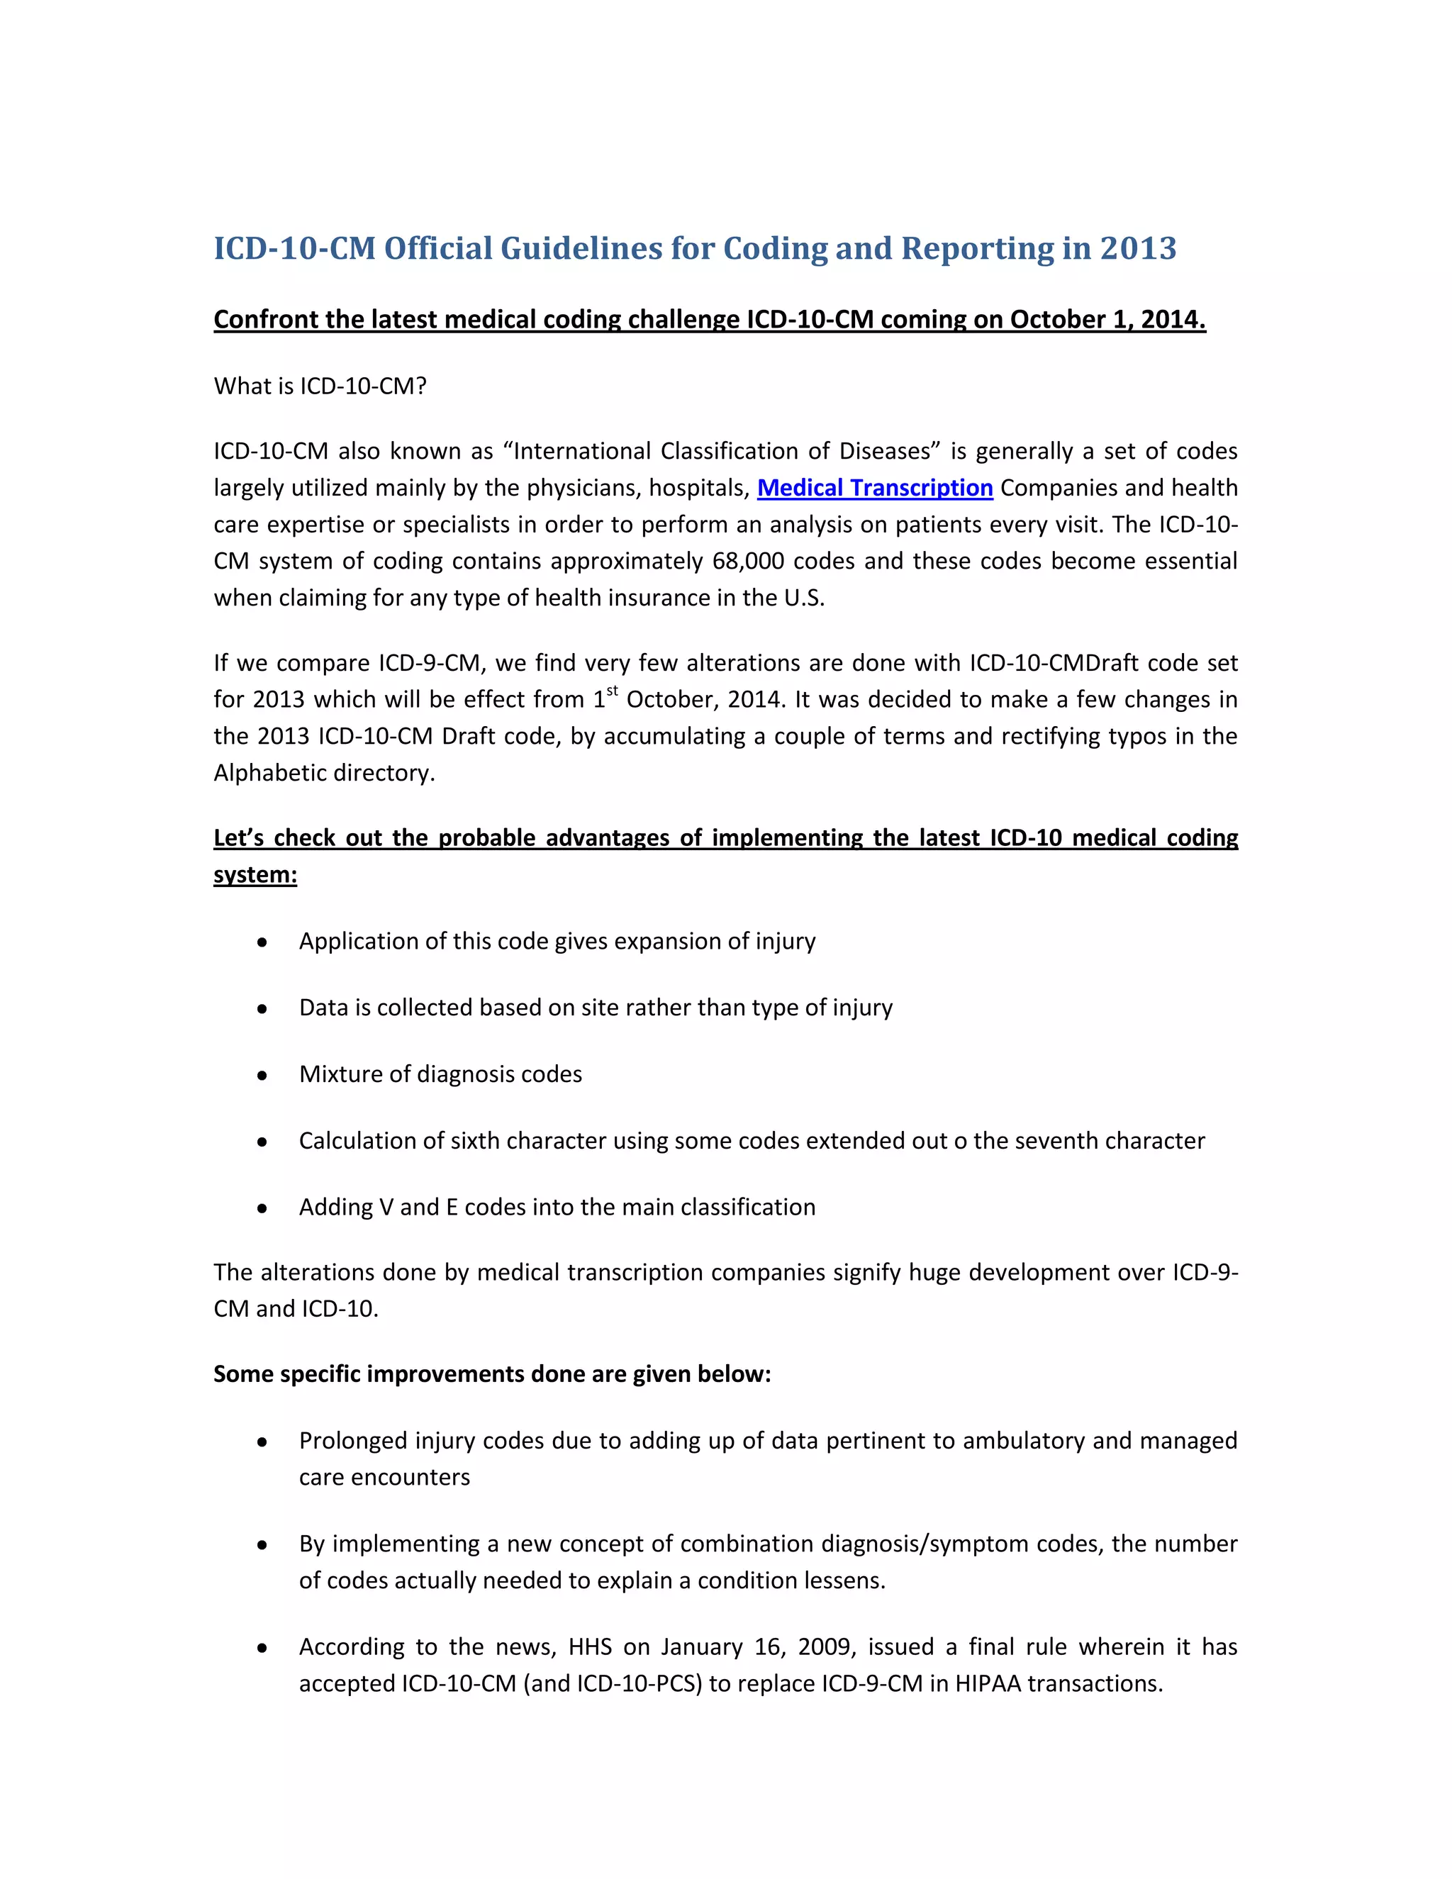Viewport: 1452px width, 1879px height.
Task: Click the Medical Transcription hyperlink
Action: click(x=875, y=488)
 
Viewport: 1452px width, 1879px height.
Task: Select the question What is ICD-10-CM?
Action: click(x=320, y=386)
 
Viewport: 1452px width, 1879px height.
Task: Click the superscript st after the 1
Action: click(x=613, y=690)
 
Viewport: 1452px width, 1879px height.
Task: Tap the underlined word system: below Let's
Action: click(x=255, y=875)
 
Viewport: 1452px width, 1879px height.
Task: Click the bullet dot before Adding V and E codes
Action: click(x=262, y=1209)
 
